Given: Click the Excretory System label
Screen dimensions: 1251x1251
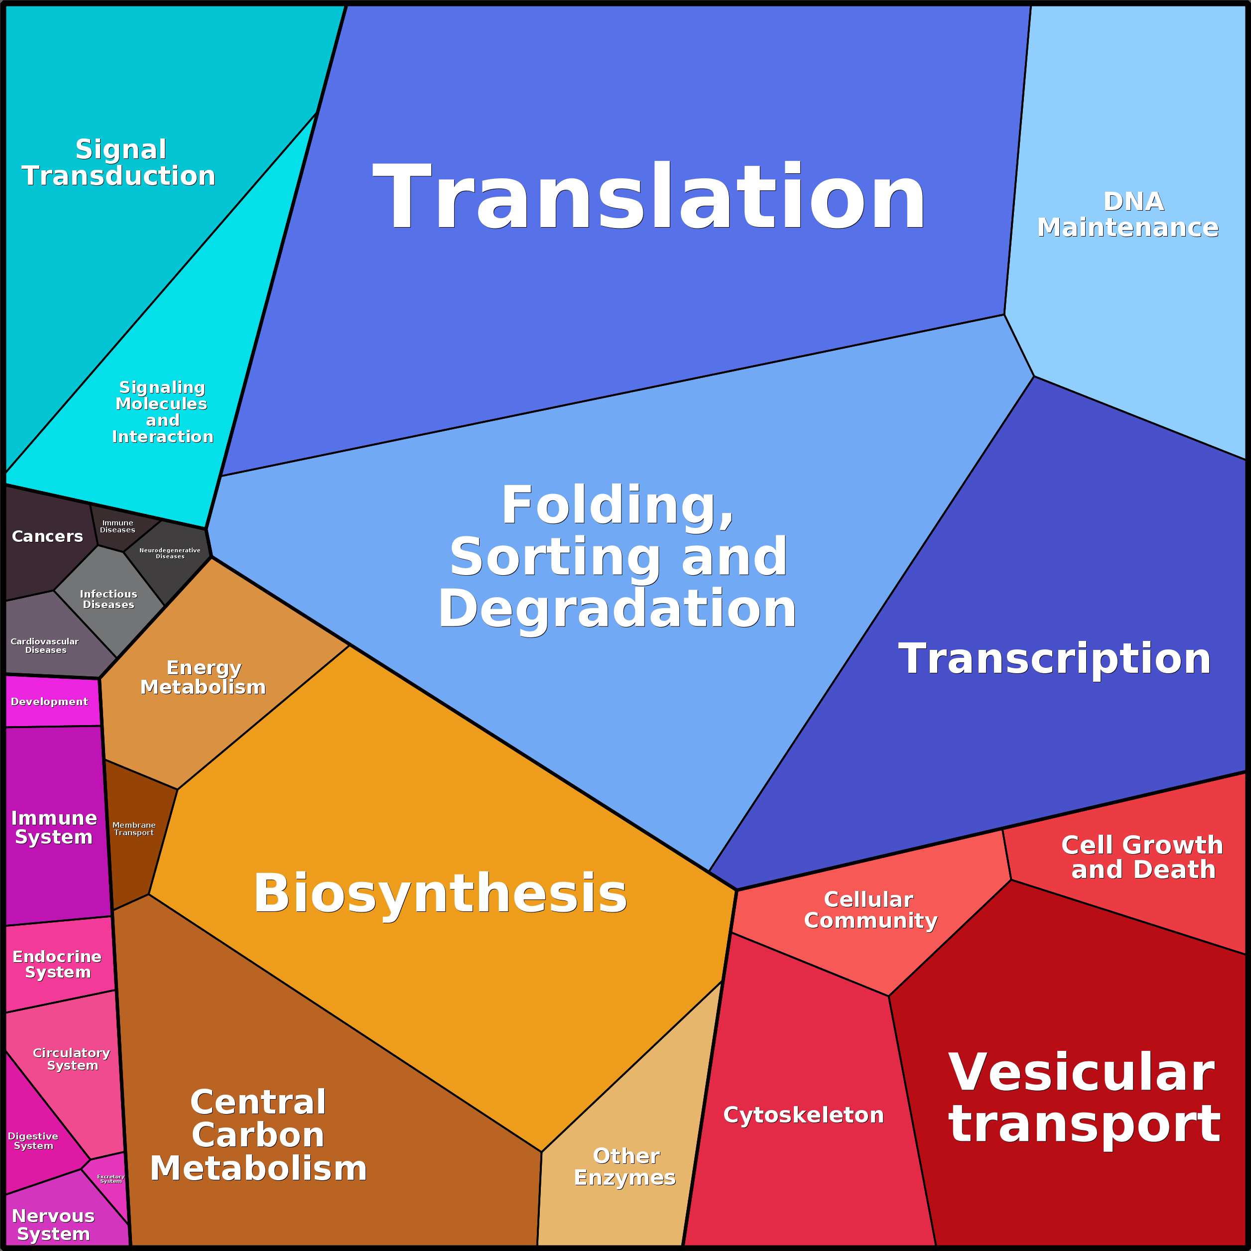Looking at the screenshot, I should tap(111, 1178).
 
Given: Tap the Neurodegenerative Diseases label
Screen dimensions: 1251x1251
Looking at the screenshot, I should tap(170, 553).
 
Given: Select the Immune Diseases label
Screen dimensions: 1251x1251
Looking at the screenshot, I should tap(117, 526).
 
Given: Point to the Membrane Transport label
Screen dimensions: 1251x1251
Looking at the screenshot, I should tap(134, 829).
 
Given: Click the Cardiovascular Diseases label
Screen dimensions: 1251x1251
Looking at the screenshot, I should tap(45, 645).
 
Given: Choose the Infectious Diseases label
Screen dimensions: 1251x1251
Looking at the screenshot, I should tap(108, 599).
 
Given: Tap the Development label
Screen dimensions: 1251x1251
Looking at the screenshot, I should tap(49, 702).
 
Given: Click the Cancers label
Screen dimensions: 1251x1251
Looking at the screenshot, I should tap(47, 536).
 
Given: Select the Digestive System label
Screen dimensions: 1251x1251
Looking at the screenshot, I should tap(33, 1141).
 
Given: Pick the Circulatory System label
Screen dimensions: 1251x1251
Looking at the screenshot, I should tap(71, 1059).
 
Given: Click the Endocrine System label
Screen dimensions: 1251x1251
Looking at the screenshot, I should tap(57, 964).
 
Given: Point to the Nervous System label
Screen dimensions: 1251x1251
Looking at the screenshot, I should tap(53, 1225).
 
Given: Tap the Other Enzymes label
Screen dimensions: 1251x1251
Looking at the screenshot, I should tap(625, 1166).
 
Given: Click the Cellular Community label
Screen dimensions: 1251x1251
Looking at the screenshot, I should tap(870, 910).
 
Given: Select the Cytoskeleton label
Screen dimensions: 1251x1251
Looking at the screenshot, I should tap(803, 1115).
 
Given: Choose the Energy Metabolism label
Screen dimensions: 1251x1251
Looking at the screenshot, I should tap(203, 677).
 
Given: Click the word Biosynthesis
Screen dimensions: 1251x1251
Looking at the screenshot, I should tap(440, 893).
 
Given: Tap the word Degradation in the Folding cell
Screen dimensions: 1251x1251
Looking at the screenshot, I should tap(617, 609).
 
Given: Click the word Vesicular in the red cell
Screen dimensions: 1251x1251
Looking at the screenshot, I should tap(1081, 1072).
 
